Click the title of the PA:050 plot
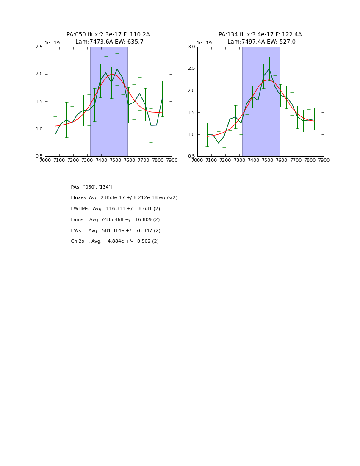(x=108, y=38)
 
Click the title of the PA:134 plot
(x=260, y=38)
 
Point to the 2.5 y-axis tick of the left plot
(x=39, y=47)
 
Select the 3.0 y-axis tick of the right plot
(x=191, y=47)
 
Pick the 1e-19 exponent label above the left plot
(x=52, y=43)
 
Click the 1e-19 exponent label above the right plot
(x=204, y=43)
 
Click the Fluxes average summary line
(x=124, y=198)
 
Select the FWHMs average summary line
(x=115, y=209)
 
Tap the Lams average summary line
(x=115, y=220)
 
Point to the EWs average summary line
(x=116, y=231)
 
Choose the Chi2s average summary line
(x=115, y=241)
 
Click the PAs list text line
(x=91, y=187)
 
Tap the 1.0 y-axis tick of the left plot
(x=39, y=129)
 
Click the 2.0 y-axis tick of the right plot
(x=191, y=91)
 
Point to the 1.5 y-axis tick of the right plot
(x=191, y=113)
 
